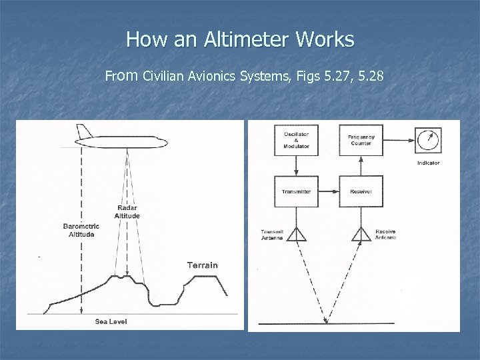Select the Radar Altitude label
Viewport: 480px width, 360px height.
tap(127, 211)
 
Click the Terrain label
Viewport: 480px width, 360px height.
tap(202, 265)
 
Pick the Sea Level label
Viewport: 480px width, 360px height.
tap(111, 321)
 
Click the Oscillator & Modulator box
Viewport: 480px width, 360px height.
tap(295, 140)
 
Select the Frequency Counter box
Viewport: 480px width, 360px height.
tap(361, 140)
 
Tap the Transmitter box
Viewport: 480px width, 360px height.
tap(295, 191)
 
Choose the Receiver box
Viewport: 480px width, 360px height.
tap(361, 191)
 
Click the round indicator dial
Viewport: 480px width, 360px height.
tap(428, 140)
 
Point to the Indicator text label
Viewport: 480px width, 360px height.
tap(428, 163)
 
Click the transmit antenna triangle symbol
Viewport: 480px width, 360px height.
tap(295, 233)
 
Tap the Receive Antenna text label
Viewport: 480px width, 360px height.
tap(385, 235)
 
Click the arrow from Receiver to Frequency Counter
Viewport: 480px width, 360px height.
tap(361, 167)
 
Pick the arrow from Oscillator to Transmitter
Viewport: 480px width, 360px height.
tap(295, 167)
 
